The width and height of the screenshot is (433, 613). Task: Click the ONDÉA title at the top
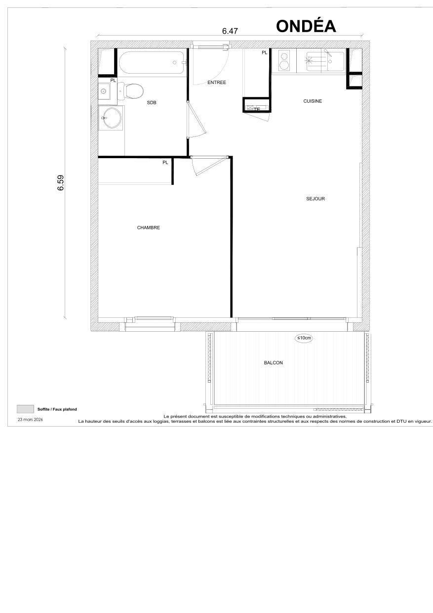point(306,26)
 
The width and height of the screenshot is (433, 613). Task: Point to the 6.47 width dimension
point(230,31)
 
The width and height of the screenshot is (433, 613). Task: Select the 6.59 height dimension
point(61,183)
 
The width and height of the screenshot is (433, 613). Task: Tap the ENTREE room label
point(216,83)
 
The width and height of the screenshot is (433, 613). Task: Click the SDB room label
point(152,103)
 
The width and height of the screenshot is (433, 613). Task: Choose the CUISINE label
point(313,101)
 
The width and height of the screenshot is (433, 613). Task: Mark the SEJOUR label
point(315,199)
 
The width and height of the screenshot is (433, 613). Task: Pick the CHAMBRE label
point(148,228)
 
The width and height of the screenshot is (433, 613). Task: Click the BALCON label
point(273,363)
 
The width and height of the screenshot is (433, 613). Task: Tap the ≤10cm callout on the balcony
point(304,338)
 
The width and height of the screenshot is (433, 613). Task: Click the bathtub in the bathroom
point(151,63)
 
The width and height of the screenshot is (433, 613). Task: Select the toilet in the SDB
point(131,90)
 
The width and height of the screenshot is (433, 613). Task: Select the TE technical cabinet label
point(256,109)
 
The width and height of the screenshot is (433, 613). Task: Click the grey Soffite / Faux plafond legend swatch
point(25,409)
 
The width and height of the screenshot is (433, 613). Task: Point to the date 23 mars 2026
point(31,419)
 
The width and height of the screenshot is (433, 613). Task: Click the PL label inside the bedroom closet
point(165,163)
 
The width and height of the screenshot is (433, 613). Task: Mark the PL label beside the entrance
point(264,52)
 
